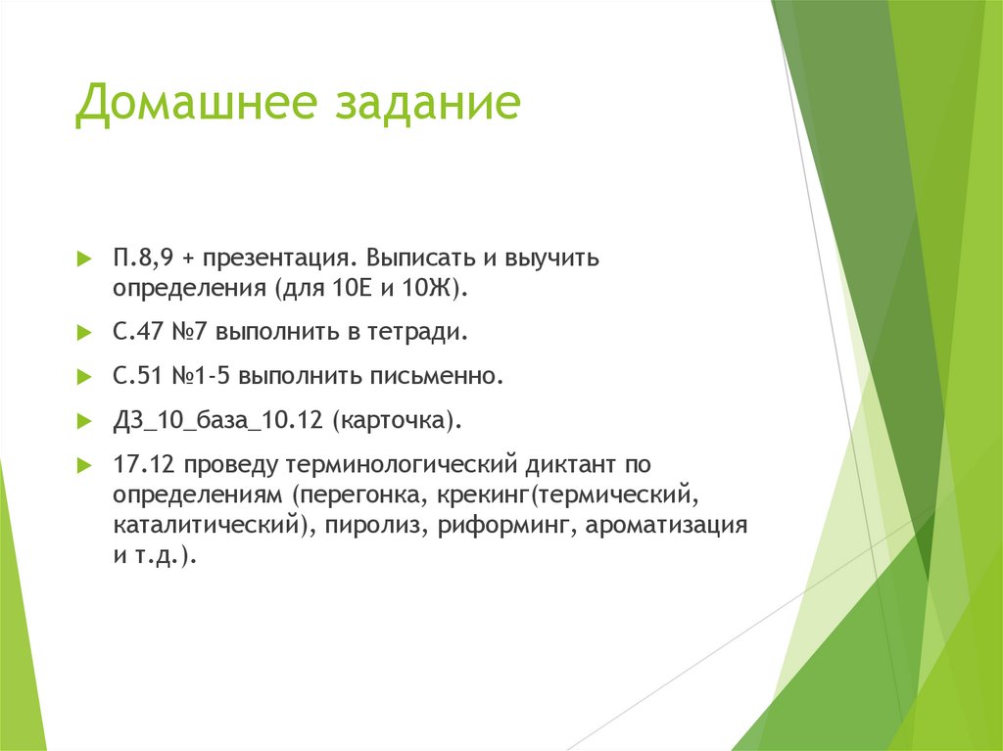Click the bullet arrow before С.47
(x=84, y=334)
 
